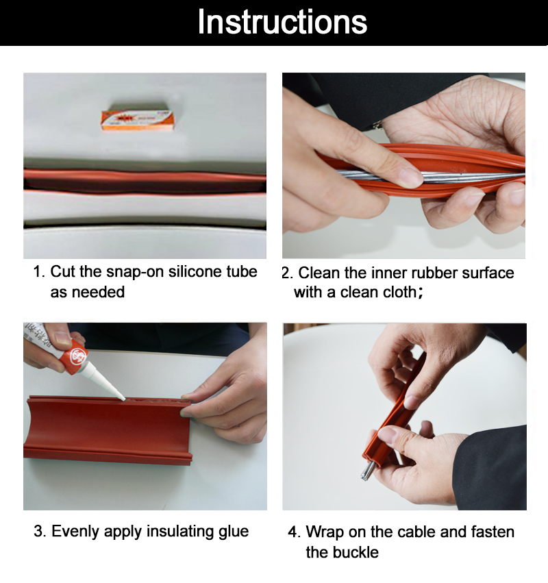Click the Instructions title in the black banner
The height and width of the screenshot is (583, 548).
click(x=282, y=22)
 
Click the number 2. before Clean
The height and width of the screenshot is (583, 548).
click(x=288, y=273)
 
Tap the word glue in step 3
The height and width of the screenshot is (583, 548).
click(x=232, y=532)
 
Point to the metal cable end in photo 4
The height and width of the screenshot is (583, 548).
click(x=368, y=471)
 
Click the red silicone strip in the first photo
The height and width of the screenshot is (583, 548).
click(x=144, y=180)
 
